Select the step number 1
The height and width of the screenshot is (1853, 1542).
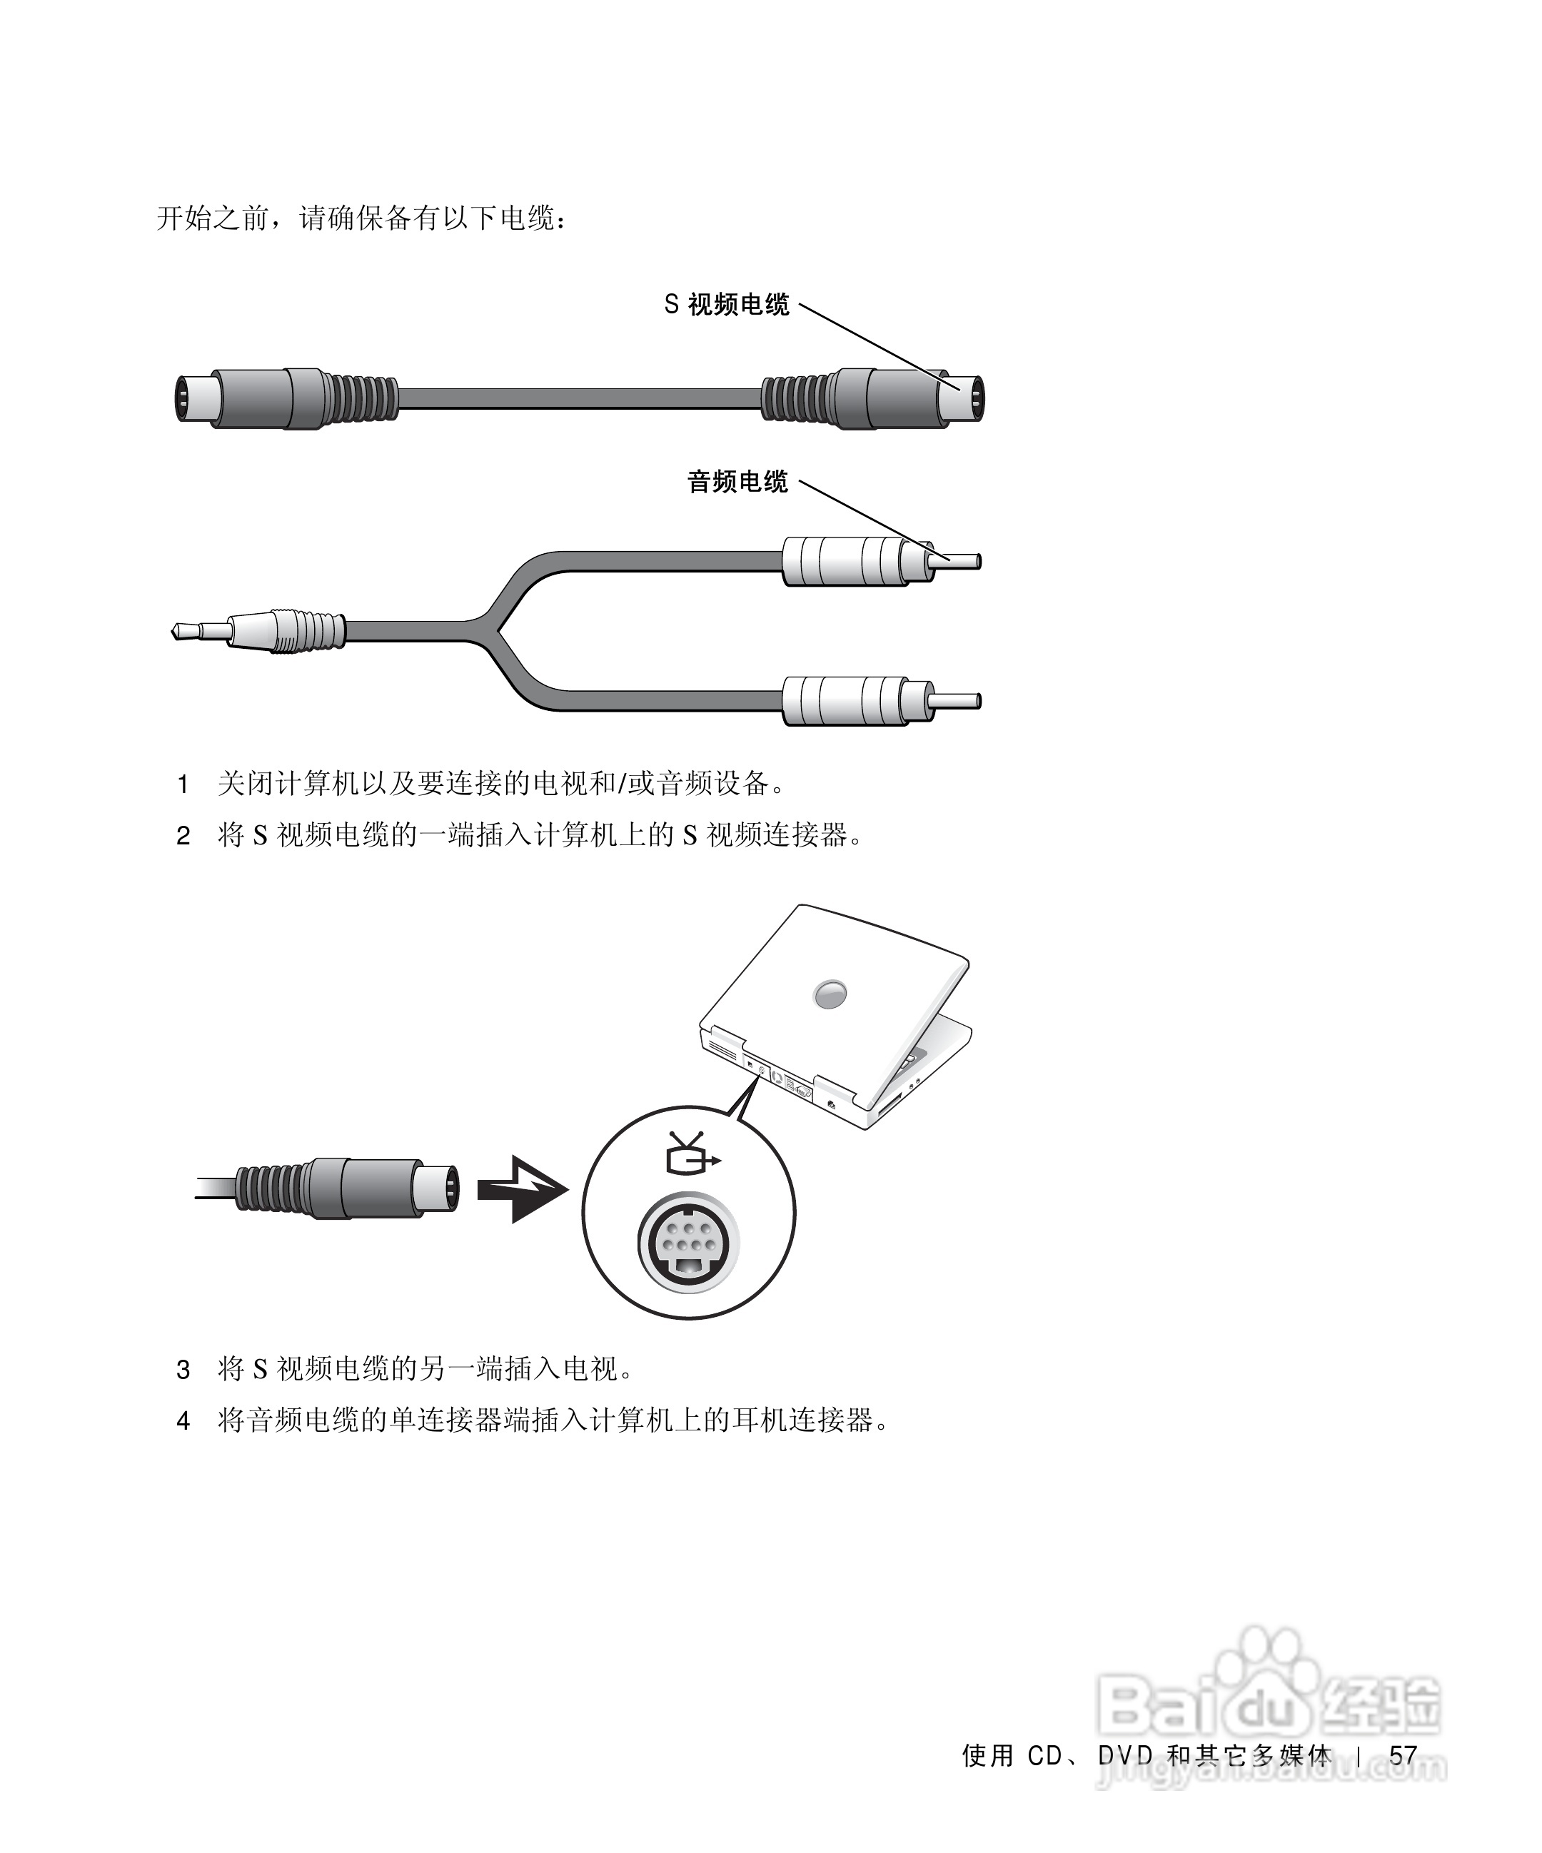click(183, 784)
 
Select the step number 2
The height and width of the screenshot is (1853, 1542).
click(183, 836)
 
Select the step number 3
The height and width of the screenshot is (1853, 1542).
click(183, 1370)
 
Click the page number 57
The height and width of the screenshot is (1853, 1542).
click(1403, 1756)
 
